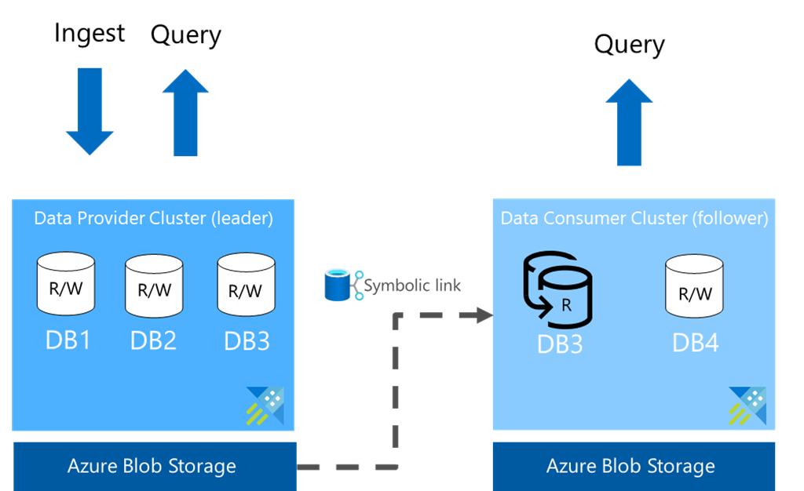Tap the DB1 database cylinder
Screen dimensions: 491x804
[66, 284]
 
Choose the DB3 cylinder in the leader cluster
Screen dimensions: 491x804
[245, 286]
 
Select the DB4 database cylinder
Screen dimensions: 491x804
[695, 289]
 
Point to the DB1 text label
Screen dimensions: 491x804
[67, 341]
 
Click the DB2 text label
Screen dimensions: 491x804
[153, 341]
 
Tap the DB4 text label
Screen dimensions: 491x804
[695, 343]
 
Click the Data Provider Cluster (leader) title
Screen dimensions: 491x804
[153, 218]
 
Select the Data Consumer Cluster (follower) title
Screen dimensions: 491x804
[634, 218]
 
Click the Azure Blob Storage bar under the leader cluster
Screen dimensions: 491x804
[153, 466]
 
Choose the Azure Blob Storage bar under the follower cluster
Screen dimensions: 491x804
[633, 466]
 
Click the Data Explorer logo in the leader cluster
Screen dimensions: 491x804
[265, 406]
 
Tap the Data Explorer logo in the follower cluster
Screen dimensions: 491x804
[747, 406]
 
